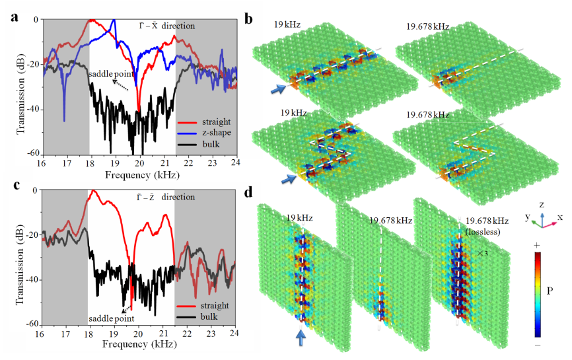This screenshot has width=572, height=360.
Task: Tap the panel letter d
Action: tap(249, 194)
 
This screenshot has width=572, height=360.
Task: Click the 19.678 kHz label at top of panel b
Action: tap(428, 27)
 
